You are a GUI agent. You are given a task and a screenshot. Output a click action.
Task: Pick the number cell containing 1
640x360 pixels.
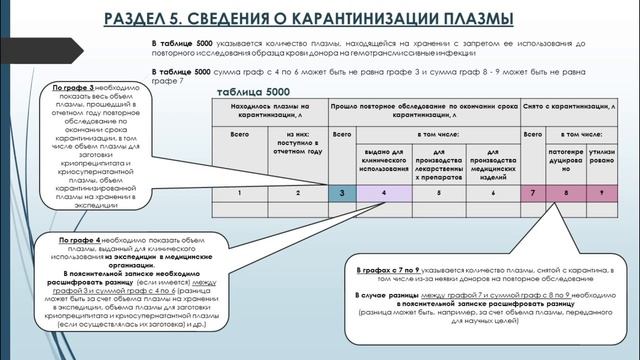click(239, 191)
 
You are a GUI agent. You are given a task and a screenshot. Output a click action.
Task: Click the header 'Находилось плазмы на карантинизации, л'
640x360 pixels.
click(269, 110)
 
